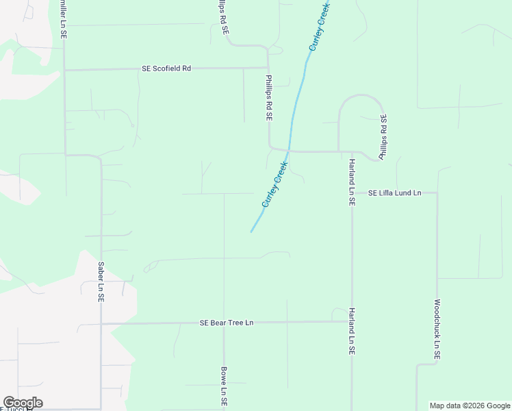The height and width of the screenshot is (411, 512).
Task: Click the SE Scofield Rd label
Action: pyautogui.click(x=166, y=68)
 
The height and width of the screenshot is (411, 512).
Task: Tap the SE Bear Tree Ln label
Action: pyautogui.click(x=227, y=323)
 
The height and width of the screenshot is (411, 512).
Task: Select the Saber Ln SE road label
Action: pyautogui.click(x=101, y=282)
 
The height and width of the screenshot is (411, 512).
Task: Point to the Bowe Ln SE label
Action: pyautogui.click(x=224, y=388)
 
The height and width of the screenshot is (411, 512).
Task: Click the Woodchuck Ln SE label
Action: pyautogui.click(x=437, y=329)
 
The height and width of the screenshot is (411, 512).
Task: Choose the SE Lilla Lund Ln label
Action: pyautogui.click(x=394, y=193)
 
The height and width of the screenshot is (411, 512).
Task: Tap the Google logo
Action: pyautogui.click(x=23, y=403)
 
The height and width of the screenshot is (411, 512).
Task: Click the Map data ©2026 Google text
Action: pyautogui.click(x=470, y=406)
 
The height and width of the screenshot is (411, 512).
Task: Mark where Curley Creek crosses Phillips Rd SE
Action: pyautogui.click(x=289, y=150)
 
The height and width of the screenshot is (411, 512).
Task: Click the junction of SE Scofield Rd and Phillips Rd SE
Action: pyautogui.click(x=268, y=68)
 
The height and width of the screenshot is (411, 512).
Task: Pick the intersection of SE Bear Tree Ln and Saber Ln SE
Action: pyautogui.click(x=101, y=323)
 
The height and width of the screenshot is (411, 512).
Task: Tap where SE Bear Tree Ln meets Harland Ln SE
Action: pyautogui.click(x=352, y=321)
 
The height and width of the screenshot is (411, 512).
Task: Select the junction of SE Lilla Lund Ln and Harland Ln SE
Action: pyautogui.click(x=352, y=193)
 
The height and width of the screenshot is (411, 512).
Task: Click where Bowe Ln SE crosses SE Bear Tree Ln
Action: pyautogui.click(x=224, y=323)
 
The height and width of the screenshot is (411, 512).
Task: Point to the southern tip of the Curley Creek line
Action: pyautogui.click(x=251, y=232)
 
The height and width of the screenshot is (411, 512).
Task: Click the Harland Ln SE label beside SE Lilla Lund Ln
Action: pyautogui.click(x=351, y=182)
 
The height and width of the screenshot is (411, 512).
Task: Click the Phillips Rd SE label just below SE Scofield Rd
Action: pyautogui.click(x=269, y=99)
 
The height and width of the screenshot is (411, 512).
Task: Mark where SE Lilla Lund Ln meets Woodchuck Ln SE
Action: pyautogui.click(x=437, y=193)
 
